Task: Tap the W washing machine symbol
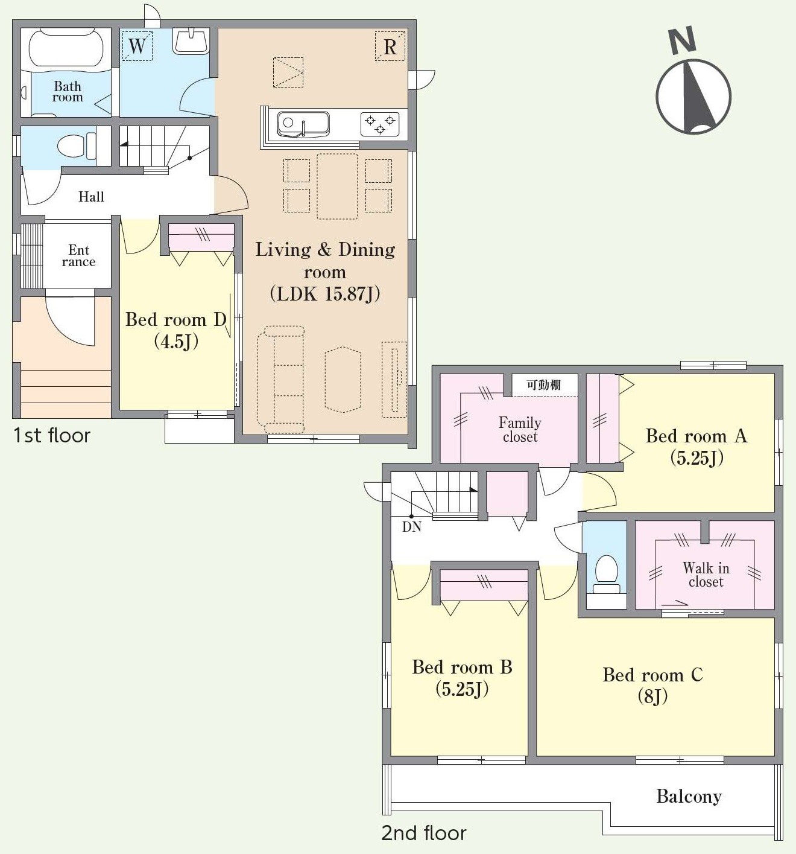pyautogui.click(x=137, y=46)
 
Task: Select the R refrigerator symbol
pyautogui.click(x=390, y=46)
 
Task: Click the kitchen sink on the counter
pyautogui.click(x=303, y=124)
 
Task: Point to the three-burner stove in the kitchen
pyautogui.click(x=380, y=124)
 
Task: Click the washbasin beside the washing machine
pyautogui.click(x=191, y=41)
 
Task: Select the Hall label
pyautogui.click(x=91, y=197)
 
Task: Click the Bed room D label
pyautogui.click(x=176, y=320)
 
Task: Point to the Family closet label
pyautogui.click(x=520, y=430)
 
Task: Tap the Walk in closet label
pyautogui.click(x=706, y=575)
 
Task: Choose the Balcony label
pyautogui.click(x=689, y=797)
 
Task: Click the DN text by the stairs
pyautogui.click(x=412, y=527)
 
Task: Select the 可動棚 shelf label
pyautogui.click(x=544, y=384)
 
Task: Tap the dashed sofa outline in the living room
pyautogui.click(x=281, y=379)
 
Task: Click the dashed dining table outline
pyautogui.click(x=338, y=186)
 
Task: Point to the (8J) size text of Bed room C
pyautogui.click(x=652, y=696)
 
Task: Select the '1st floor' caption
pyautogui.click(x=52, y=436)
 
